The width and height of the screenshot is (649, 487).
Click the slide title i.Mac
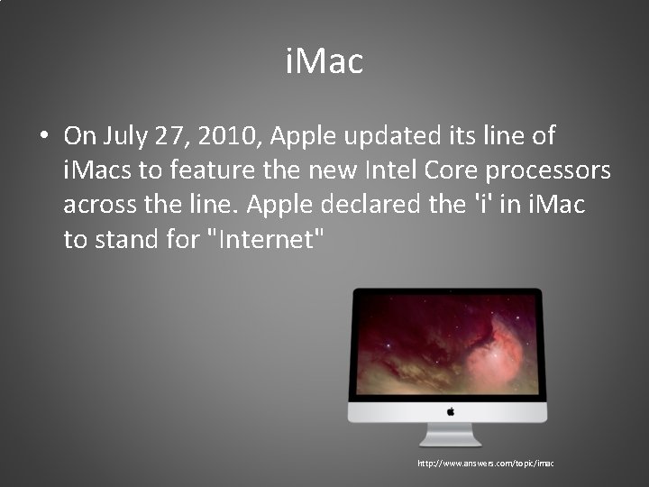pyautogui.click(x=324, y=62)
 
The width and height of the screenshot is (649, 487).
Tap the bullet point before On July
pyautogui.click(x=43, y=137)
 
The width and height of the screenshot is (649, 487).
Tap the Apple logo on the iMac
pyautogui.click(x=448, y=410)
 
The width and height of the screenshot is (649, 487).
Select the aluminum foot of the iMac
pyautogui.click(x=448, y=436)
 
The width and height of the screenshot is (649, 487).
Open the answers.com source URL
pyautogui.click(x=485, y=464)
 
